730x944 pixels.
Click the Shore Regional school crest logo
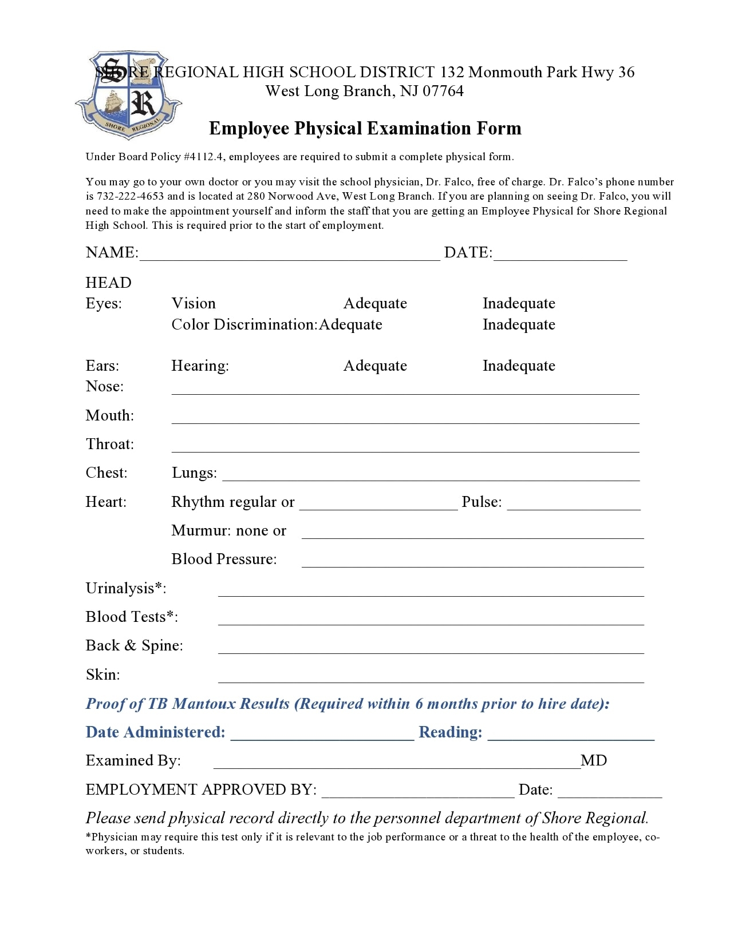pyautogui.click(x=128, y=94)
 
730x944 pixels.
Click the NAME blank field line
pyautogui.click(x=290, y=255)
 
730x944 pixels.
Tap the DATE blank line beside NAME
pyautogui.click(x=560, y=255)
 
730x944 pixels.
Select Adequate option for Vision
pyautogui.click(x=375, y=303)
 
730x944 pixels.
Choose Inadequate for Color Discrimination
pyautogui.click(x=519, y=324)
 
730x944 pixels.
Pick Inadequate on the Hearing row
pyautogui.click(x=519, y=366)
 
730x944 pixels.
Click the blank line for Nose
pyautogui.click(x=405, y=389)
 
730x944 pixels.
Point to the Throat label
pyautogui.click(x=109, y=444)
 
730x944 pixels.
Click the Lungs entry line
pyautogui.click(x=431, y=475)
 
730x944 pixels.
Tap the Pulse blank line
pyautogui.click(x=574, y=505)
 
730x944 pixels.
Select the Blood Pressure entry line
pyautogui.click(x=472, y=562)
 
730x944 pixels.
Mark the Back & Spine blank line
pyautogui.click(x=431, y=648)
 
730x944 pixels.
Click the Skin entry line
pyautogui.click(x=431, y=677)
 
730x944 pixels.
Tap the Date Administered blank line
pyautogui.click(x=322, y=735)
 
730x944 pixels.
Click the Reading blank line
pyautogui.click(x=571, y=735)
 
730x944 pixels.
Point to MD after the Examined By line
pyautogui.click(x=594, y=760)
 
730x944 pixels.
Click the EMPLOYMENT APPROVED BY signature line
pyautogui.click(x=418, y=792)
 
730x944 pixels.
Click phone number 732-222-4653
pyautogui.click(x=131, y=196)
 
